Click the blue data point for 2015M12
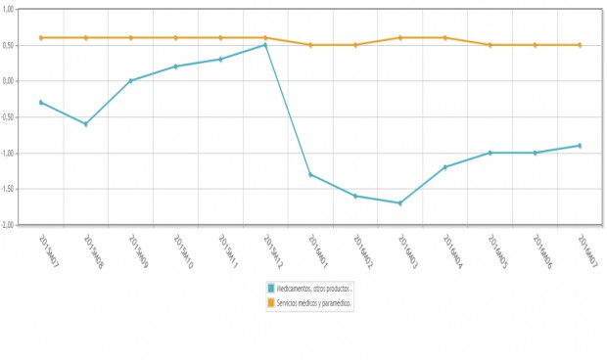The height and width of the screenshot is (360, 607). [x=265, y=45]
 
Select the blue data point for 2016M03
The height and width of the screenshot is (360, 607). [x=400, y=203]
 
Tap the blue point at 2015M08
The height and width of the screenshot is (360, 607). [x=86, y=124]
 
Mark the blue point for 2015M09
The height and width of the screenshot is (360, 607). [x=131, y=80]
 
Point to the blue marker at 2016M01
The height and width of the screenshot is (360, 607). [x=310, y=175]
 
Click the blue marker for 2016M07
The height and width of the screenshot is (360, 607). [x=580, y=146]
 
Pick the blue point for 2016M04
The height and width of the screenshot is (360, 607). [x=445, y=167]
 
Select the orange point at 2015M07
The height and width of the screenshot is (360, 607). [x=41, y=37]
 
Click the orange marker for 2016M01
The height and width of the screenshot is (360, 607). [x=310, y=45]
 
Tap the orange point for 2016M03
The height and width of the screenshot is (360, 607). [x=400, y=37]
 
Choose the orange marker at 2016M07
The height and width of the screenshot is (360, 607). [x=580, y=45]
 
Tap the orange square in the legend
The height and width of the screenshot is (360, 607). [x=271, y=303]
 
